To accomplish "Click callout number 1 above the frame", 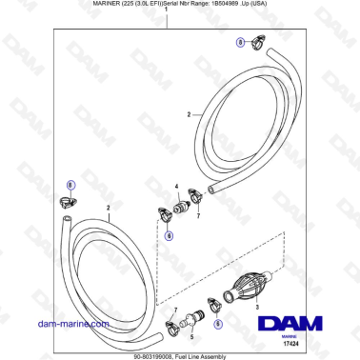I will pyautogui.click(x=168, y=21).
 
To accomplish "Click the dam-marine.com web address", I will pyautogui.click(x=87, y=325).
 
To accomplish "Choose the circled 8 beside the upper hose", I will pyautogui.click(x=241, y=42).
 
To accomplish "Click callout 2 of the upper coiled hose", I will pyautogui.click(x=189, y=115).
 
